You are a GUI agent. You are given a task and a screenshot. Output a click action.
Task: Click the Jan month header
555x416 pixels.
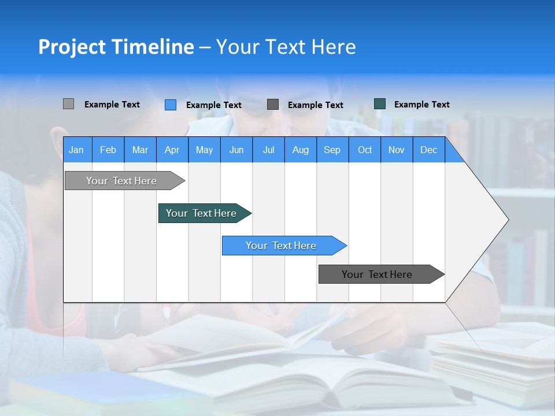76,150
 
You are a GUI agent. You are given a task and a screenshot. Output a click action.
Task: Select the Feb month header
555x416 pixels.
108,150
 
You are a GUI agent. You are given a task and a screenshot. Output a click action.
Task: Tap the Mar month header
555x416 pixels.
140,150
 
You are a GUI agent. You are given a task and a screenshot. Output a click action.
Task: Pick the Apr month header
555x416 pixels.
172,150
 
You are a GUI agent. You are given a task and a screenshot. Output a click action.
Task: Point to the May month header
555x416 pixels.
204,150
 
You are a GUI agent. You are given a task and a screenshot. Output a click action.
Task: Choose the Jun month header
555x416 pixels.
236,150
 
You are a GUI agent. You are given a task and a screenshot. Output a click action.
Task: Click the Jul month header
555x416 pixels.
268,150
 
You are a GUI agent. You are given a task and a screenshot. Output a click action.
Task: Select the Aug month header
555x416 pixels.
301,150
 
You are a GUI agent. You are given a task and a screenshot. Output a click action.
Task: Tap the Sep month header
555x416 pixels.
332,150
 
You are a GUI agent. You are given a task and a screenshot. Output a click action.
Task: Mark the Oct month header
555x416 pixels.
365,150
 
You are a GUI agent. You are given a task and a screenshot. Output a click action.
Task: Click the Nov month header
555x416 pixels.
397,150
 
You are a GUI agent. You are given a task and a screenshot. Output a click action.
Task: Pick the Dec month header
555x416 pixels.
429,150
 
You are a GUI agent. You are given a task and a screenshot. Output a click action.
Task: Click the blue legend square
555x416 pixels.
171,105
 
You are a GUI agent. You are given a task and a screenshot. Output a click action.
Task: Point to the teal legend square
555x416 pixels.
380,104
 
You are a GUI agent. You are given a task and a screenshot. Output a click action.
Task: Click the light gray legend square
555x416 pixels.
68,104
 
